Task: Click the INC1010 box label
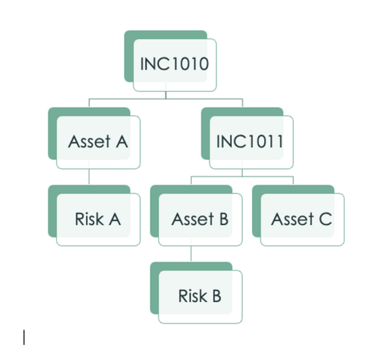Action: tap(174, 64)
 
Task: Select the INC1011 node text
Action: tap(250, 142)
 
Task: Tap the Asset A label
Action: tap(98, 142)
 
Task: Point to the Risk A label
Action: tap(98, 219)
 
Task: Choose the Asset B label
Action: tap(200, 219)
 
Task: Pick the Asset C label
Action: tap(302, 219)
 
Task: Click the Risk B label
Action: tap(199, 296)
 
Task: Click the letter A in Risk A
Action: tap(115, 219)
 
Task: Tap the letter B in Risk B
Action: tap(216, 296)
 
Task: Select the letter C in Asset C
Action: tap(325, 219)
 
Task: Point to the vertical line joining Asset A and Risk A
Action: tap(89, 177)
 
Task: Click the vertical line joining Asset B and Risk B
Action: tap(191, 253)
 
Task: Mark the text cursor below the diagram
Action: tap(24, 337)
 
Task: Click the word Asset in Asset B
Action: tap(193, 219)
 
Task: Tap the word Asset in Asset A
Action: tap(90, 142)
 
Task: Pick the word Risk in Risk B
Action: tap(193, 296)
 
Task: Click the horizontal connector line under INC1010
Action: tap(166, 99)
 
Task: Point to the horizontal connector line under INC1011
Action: tap(242, 177)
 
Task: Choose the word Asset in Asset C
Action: tap(293, 219)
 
